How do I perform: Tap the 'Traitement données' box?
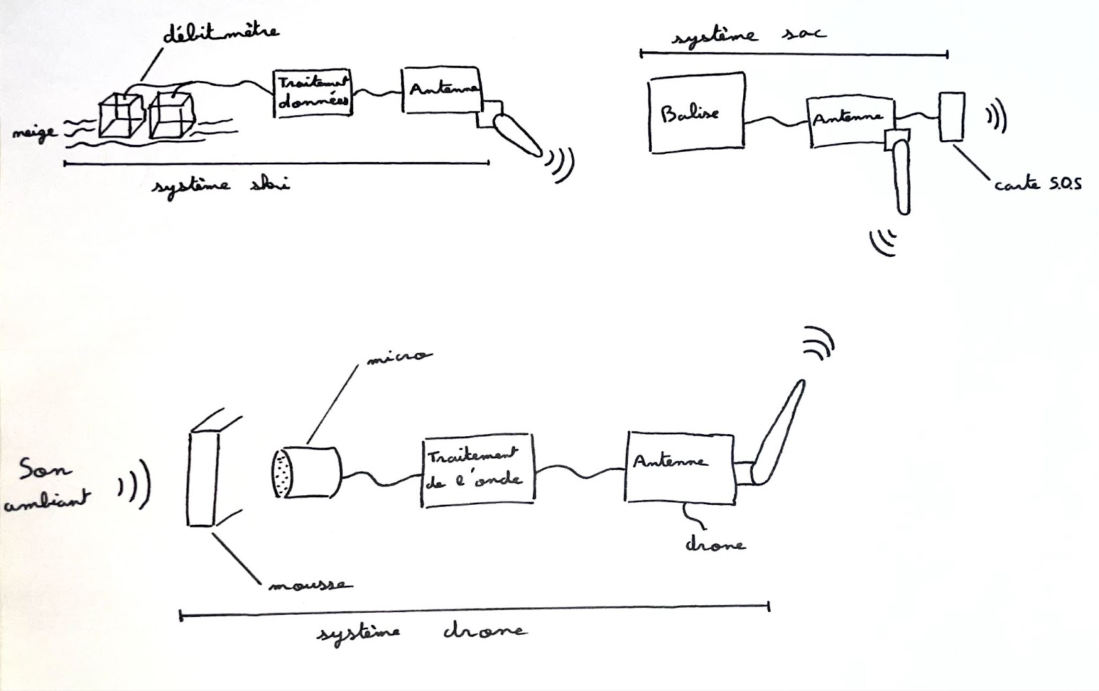pyautogui.click(x=313, y=93)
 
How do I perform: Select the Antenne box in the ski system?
pyautogui.click(x=441, y=90)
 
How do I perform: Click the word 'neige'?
pyautogui.click(x=34, y=133)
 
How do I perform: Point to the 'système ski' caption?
pyautogui.click(x=220, y=185)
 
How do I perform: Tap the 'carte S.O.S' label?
pyautogui.click(x=1037, y=183)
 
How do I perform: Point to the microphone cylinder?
pyautogui.click(x=306, y=472)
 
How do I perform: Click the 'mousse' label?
pyautogui.click(x=308, y=585)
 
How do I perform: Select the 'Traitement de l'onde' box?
pyautogui.click(x=476, y=470)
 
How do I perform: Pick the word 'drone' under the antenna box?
pyautogui.click(x=714, y=544)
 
